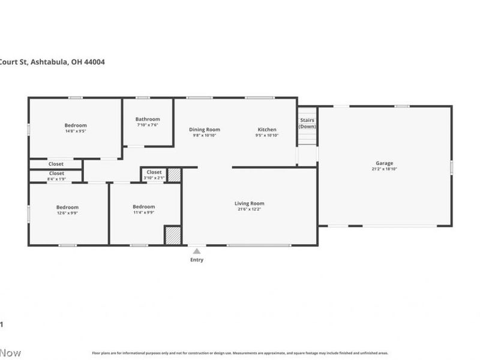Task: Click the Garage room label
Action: click(385, 163)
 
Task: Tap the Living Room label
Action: click(249, 203)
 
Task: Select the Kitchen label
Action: click(267, 130)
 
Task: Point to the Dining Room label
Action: click(205, 130)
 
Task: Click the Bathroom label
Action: click(148, 119)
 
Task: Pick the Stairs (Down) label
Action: click(307, 123)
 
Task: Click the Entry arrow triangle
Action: click(197, 251)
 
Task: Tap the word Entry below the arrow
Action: click(197, 260)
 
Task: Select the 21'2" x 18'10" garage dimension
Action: click(385, 169)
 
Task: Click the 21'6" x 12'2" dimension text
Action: click(249, 209)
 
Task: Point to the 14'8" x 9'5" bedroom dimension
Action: click(76, 131)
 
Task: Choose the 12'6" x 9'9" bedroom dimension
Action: click(67, 212)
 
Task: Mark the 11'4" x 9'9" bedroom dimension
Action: click(143, 212)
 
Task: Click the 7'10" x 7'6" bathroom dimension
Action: click(148, 125)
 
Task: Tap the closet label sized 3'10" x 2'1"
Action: click(154, 172)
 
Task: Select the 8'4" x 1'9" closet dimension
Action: click(56, 179)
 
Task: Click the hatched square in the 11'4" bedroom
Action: click(173, 235)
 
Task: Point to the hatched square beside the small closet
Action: click(174, 175)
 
